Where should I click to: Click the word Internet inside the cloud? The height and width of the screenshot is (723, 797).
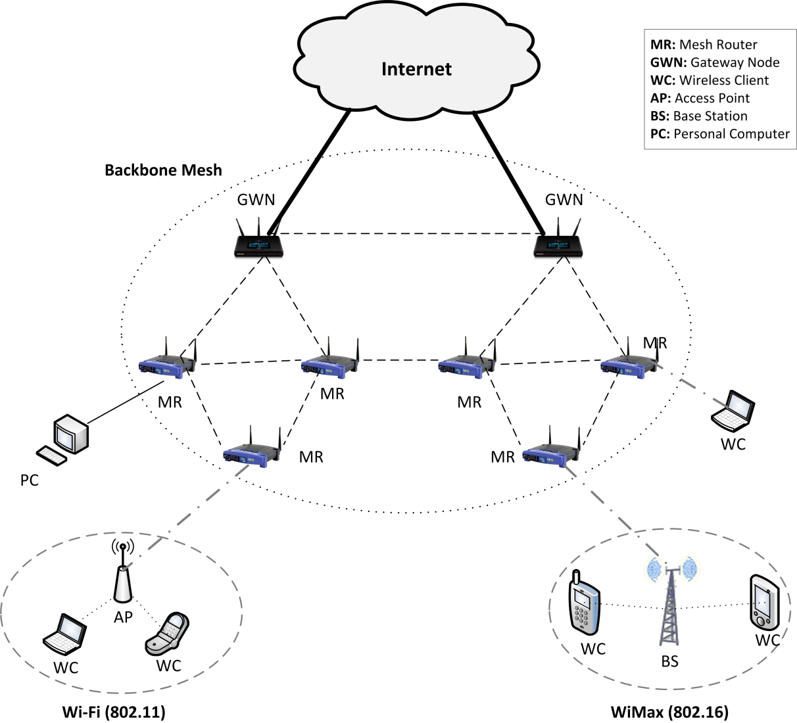(x=416, y=69)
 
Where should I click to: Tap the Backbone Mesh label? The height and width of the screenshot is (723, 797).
(x=163, y=170)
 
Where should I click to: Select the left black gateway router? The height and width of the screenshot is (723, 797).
(x=259, y=245)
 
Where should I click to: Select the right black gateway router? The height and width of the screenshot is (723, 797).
(x=558, y=245)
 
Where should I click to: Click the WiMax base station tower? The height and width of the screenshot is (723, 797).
(x=669, y=605)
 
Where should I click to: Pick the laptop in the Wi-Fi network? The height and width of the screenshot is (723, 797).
(x=65, y=635)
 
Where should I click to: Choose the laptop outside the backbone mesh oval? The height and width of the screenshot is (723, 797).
(x=733, y=409)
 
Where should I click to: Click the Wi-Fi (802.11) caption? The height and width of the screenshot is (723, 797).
(x=114, y=712)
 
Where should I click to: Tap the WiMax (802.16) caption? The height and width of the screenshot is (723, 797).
(x=669, y=712)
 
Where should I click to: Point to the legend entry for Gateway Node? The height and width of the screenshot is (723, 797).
(x=715, y=62)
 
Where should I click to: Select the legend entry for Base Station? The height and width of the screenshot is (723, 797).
(x=699, y=116)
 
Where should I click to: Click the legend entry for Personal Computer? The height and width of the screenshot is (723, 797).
(x=720, y=133)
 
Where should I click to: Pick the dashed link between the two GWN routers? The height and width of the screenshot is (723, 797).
(x=408, y=233)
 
